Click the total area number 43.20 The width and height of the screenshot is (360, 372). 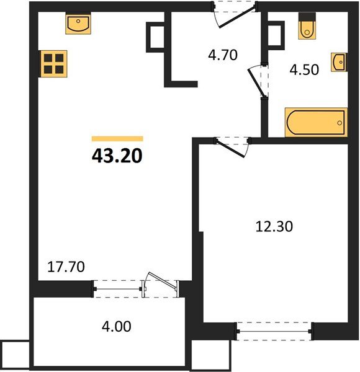coord(117,156)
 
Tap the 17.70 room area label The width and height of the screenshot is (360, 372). coord(66,267)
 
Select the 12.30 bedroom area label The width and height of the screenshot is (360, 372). coord(274,226)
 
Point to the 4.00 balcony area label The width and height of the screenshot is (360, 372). coord(116,326)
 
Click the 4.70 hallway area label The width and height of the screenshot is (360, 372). coord(223,55)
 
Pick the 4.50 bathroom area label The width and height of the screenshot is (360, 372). coord(304,69)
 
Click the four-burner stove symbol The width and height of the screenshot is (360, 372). coord(54,64)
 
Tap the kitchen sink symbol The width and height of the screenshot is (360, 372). coord(78,24)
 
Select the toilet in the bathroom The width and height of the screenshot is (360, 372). coord(307,26)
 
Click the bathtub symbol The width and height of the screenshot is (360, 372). coord(316,122)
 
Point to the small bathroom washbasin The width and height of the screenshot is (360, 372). coord(339,62)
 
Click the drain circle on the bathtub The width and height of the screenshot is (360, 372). coord(340,123)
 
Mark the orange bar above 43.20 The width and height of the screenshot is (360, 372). coord(117,138)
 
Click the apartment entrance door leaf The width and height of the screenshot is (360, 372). coord(237,17)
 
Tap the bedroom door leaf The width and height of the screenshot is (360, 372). coord(230,149)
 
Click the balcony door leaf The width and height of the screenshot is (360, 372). coord(162,281)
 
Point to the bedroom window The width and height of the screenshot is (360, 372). coord(274,331)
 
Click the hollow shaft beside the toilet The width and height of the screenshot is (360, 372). coord(276,35)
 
